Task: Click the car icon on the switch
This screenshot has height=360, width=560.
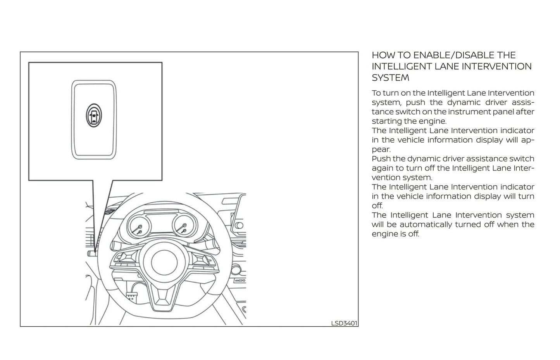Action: pos(94,115)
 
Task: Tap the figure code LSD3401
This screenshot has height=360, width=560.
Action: pos(344,323)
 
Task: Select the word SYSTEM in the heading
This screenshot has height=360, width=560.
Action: pos(391,78)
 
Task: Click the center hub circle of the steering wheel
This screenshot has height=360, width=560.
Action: pos(164,262)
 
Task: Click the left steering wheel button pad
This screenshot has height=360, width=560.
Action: pos(124,260)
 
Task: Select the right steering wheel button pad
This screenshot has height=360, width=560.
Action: pos(203,260)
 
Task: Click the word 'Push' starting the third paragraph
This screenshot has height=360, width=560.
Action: pos(380,159)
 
